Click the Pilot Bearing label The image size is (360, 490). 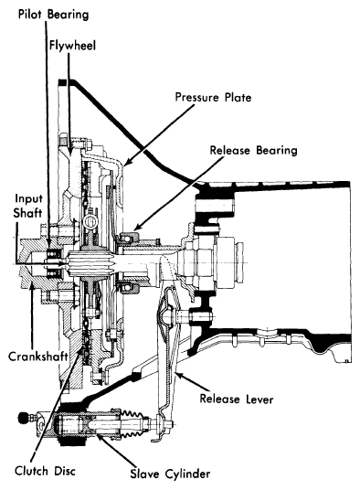(53, 15)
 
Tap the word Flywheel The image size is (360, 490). (72, 46)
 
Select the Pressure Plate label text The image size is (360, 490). (213, 97)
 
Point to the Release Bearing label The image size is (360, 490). (253, 150)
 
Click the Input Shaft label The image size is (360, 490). (27, 206)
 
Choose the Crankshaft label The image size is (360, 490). (38, 357)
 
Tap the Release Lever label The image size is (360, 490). (237, 399)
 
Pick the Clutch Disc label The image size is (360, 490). (46, 471)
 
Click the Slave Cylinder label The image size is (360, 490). (170, 474)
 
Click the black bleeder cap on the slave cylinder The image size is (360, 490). (23, 417)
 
